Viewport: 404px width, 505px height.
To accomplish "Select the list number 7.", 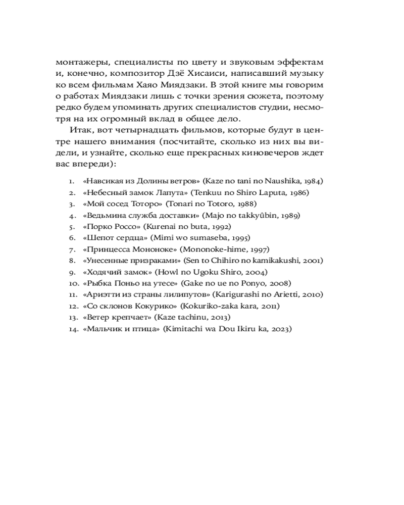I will coord(72,249).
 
